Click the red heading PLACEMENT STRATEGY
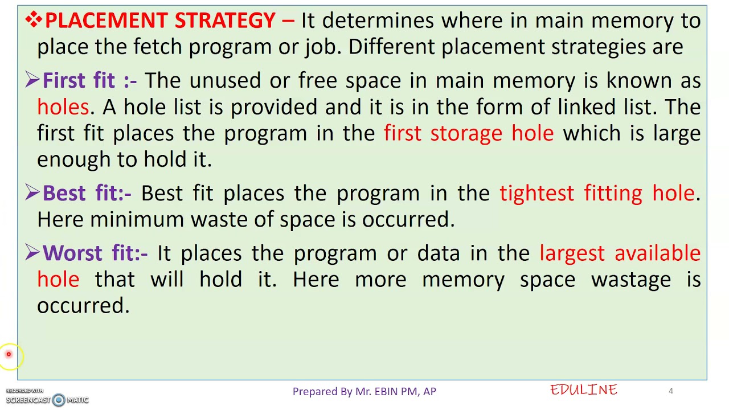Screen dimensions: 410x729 [x=160, y=21]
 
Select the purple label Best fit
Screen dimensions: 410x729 [x=79, y=194]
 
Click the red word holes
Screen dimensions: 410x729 [x=63, y=107]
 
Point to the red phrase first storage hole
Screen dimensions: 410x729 [x=469, y=133]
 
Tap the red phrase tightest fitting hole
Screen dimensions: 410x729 [x=597, y=194]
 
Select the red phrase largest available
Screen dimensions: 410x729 [x=620, y=253]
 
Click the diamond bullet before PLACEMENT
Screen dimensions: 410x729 [x=33, y=20]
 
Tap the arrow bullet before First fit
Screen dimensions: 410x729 [x=32, y=80]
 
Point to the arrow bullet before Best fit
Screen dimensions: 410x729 [x=32, y=193]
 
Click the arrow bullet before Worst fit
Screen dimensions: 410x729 [x=32, y=253]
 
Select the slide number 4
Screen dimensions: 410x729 [x=671, y=391]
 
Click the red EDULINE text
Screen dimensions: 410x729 [x=584, y=390]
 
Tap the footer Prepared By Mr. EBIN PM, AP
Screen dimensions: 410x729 [x=364, y=391]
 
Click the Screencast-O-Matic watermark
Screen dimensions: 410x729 [x=47, y=399]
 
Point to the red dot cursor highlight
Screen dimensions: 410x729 [x=9, y=354]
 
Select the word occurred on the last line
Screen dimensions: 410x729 [x=83, y=306]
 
